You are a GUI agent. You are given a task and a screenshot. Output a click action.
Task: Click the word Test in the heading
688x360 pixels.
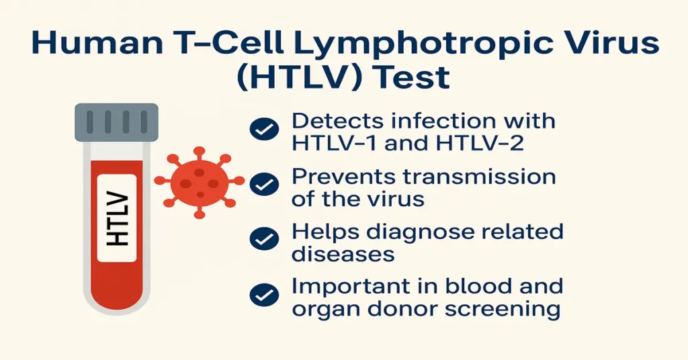click(409, 77)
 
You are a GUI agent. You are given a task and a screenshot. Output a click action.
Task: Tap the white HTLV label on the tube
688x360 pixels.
click(116, 218)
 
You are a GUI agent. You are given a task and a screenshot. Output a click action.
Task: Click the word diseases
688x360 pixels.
click(343, 254)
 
